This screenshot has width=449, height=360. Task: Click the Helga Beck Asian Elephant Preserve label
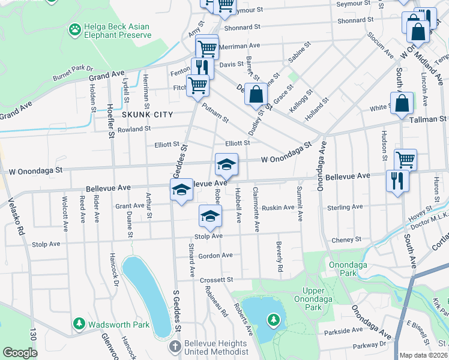pos(118,31)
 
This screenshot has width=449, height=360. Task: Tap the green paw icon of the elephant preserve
pos(75,29)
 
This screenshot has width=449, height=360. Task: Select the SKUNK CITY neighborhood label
pos(147,115)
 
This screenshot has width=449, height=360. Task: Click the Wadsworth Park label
pos(119,325)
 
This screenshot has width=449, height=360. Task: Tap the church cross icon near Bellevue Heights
pos(175,347)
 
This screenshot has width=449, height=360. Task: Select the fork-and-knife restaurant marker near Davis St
pos(201,68)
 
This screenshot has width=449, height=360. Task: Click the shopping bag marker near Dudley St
pos(256,94)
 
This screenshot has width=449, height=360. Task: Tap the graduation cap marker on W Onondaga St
pos(226,164)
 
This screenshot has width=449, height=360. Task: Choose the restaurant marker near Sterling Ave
pos(397,180)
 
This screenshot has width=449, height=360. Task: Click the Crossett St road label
pos(217,280)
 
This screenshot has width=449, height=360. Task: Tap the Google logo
pos(20,353)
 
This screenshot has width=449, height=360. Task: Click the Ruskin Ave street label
pos(278,208)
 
